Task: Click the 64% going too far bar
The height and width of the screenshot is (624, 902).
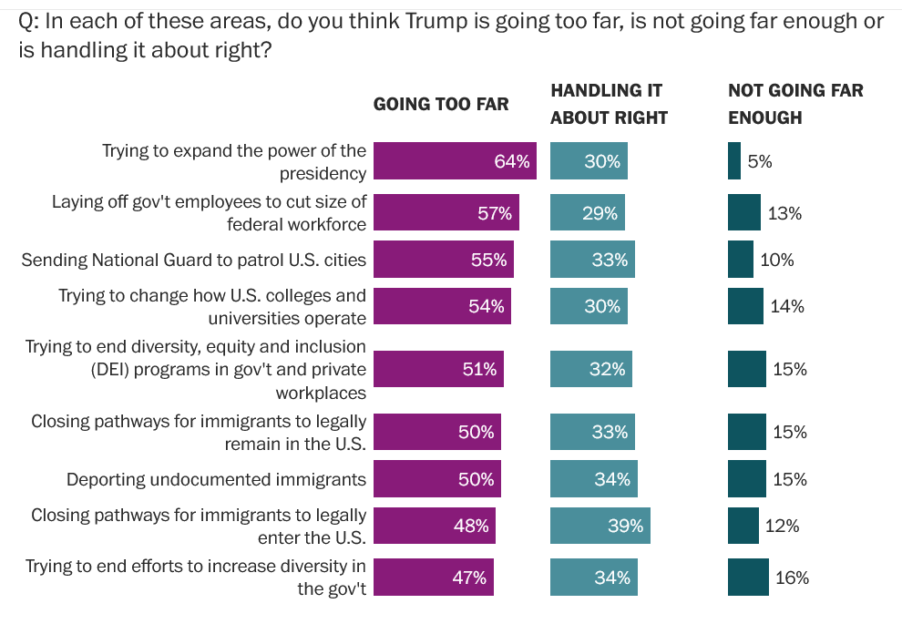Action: tap(456, 161)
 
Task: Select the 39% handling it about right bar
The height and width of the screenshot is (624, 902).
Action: tap(600, 526)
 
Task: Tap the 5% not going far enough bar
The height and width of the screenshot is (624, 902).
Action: tap(734, 161)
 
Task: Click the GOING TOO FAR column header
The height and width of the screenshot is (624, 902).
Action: tap(441, 104)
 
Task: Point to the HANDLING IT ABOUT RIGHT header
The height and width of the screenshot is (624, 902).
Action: tap(609, 104)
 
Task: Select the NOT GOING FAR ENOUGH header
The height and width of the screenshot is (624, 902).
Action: tap(795, 104)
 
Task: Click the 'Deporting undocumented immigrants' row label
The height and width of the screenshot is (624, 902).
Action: tap(216, 479)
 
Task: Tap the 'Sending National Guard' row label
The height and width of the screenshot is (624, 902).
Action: tap(193, 260)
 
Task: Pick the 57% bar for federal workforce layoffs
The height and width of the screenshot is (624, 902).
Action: tap(446, 213)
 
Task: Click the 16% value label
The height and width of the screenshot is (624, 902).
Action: tap(792, 578)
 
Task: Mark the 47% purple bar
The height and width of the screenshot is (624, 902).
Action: tap(434, 578)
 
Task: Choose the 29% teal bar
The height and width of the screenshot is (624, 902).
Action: tap(588, 213)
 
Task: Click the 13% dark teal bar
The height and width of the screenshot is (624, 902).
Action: tap(744, 213)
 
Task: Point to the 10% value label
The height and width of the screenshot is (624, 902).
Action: tap(777, 260)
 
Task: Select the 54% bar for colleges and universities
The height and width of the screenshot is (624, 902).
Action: tap(443, 307)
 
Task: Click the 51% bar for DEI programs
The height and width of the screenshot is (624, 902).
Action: tap(438, 369)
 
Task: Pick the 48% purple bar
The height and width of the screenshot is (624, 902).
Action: tap(435, 526)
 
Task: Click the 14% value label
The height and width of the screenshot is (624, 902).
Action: tap(787, 307)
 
